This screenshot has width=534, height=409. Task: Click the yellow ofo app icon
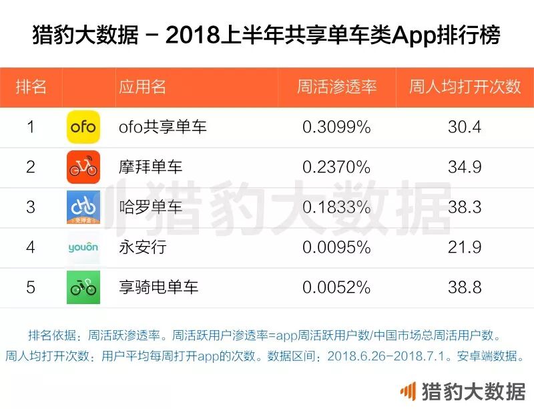[x=83, y=127]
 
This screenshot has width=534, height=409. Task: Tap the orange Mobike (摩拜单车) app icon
[x=83, y=167]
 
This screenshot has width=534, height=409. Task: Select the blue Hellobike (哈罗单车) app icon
[x=83, y=207]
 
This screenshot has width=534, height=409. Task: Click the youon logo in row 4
[x=83, y=247]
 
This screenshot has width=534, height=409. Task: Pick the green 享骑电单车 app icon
[x=83, y=287]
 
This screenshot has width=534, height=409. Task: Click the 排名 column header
[x=31, y=87]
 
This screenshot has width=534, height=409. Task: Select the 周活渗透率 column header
[x=336, y=87]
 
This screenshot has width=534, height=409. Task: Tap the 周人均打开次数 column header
[x=465, y=87]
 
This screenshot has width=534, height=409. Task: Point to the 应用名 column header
[x=142, y=87]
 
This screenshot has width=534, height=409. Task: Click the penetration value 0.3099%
[x=336, y=127]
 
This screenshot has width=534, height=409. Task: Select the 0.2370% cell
[x=336, y=167]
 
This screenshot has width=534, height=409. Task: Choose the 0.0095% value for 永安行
[x=336, y=247]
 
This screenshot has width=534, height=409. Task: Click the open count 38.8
[x=465, y=287]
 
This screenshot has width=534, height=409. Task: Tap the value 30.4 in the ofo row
[x=465, y=127]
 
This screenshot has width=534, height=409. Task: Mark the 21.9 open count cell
[x=465, y=247]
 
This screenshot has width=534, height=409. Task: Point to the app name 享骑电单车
[x=158, y=287]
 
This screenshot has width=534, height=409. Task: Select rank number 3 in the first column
[x=31, y=207]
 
